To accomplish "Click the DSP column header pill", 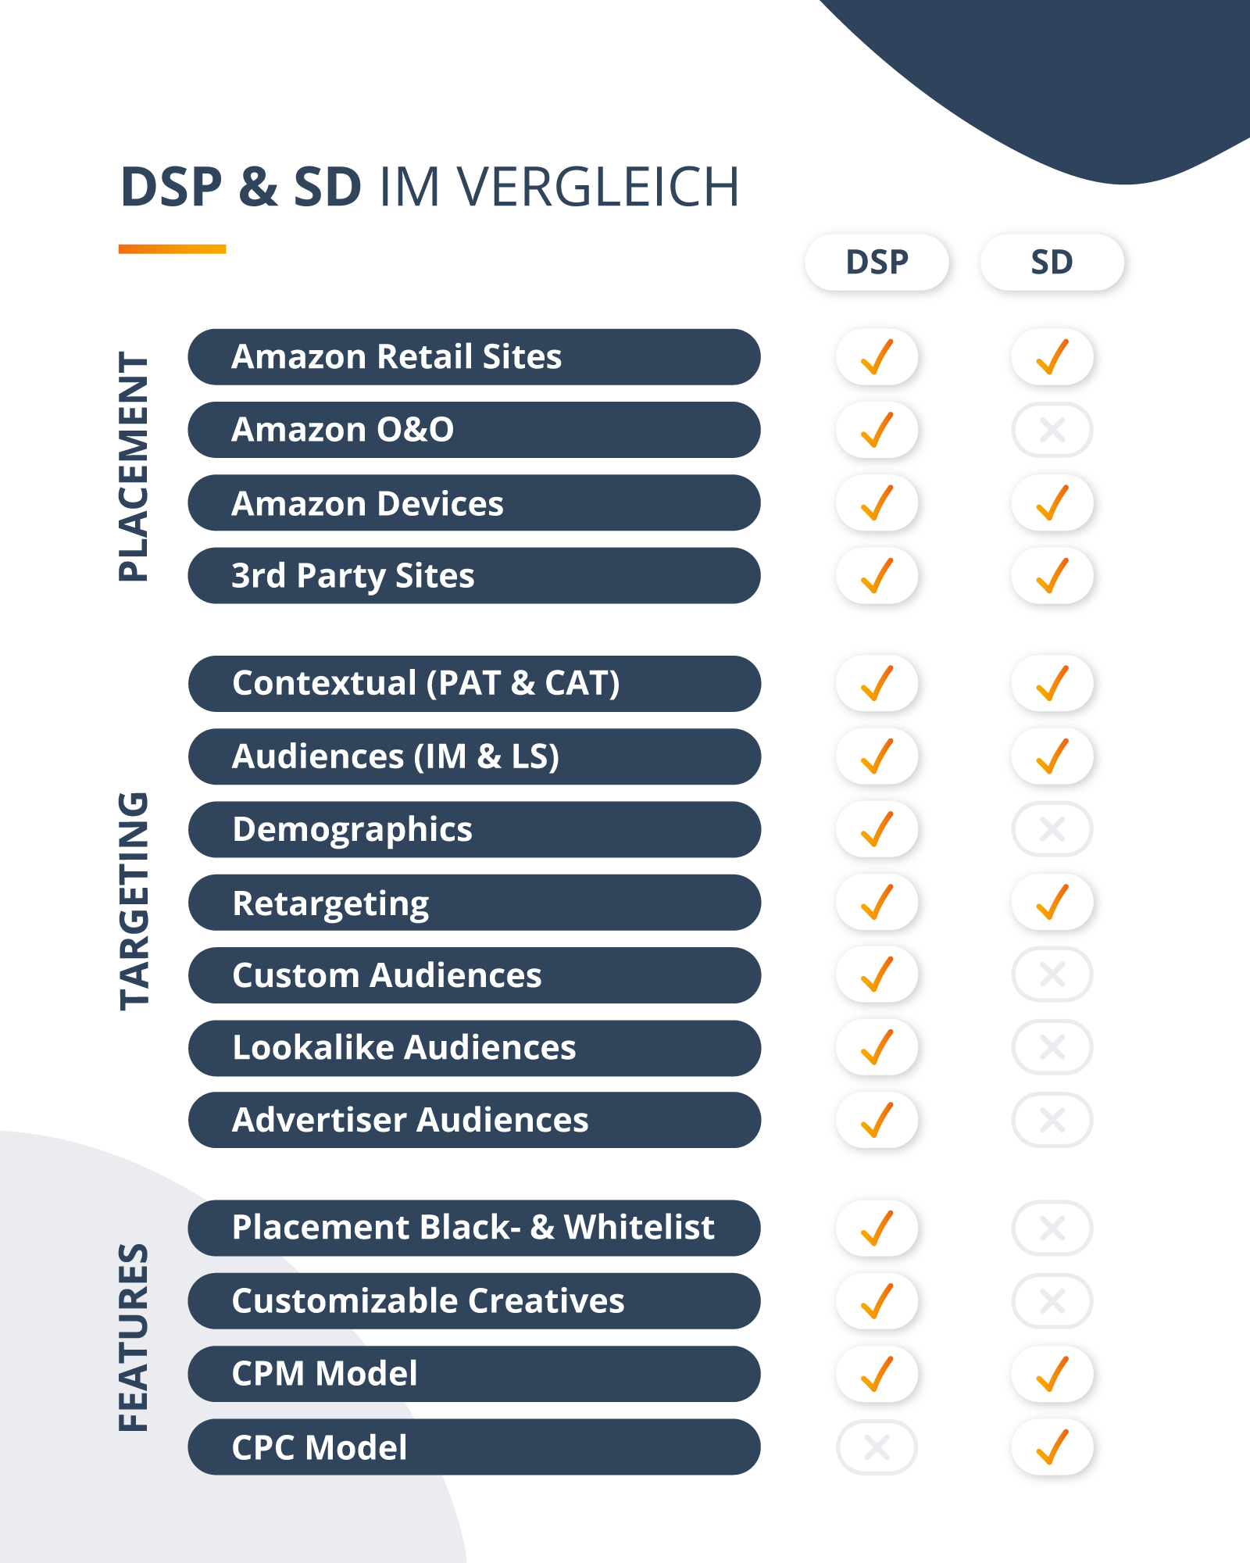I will tap(877, 263).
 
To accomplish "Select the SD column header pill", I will tap(1052, 263).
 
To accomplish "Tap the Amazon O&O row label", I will tap(473, 430).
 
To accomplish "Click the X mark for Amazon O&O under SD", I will tap(1052, 430).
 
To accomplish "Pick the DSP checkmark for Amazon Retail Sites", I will tap(877, 357).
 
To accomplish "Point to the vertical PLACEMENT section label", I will tap(134, 466).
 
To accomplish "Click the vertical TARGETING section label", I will tap(134, 901).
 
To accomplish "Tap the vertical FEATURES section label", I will tap(134, 1337).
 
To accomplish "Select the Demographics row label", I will tap(473, 829).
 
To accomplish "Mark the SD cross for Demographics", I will tap(1052, 829).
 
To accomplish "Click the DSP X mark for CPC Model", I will tap(877, 1447).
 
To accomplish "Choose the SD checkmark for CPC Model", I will tap(1052, 1447).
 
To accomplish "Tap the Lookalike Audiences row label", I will tap(473, 1048).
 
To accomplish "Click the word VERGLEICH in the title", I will tap(598, 188).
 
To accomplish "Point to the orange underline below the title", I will tap(172, 249).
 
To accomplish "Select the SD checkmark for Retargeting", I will tap(1052, 903).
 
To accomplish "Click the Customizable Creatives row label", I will tap(473, 1301).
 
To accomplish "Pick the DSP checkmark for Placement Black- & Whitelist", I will tap(877, 1228).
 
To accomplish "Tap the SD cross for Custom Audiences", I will tap(1052, 975).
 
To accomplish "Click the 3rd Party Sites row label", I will tap(473, 576).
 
